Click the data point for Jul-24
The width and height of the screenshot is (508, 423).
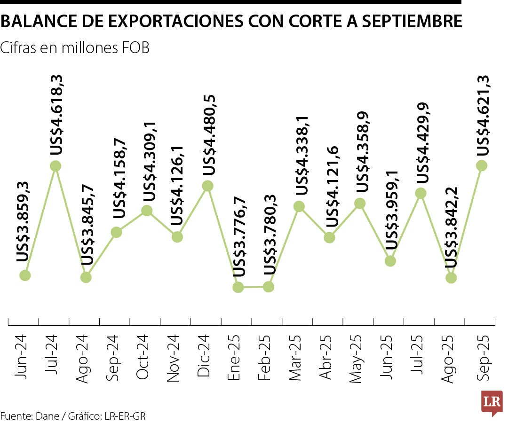click(56, 166)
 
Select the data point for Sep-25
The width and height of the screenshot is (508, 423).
click(481, 165)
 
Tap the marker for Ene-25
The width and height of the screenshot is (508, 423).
click(238, 287)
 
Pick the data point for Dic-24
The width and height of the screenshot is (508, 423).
click(207, 186)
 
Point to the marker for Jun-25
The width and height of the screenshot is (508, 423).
click(390, 261)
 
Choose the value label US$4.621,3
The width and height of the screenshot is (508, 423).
click(483, 115)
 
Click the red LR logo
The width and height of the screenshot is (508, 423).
click(492, 402)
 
